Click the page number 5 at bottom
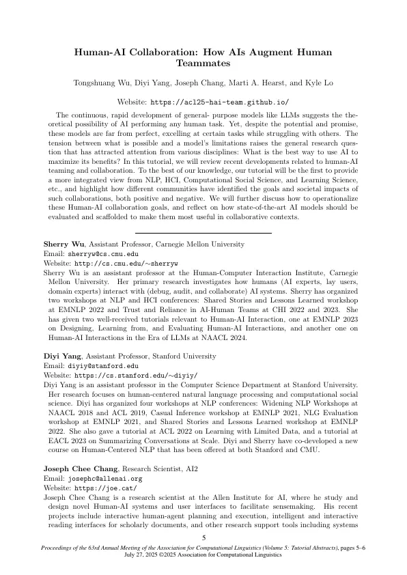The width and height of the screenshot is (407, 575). coord(203,539)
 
